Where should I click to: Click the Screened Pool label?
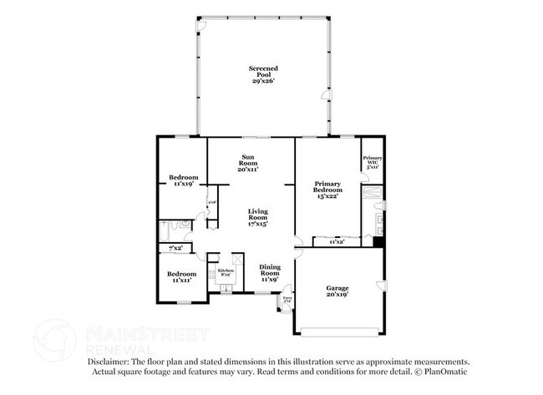point(262,74)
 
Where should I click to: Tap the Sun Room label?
point(248,163)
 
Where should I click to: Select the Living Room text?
point(256,218)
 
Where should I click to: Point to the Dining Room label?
point(269,271)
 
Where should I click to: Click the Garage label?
point(337,291)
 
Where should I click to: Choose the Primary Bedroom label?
point(328,190)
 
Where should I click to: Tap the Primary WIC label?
point(372,162)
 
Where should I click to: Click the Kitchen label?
point(226,273)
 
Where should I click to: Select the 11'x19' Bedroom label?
point(183,180)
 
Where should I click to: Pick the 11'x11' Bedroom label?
point(181,277)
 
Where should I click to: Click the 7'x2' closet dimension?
point(176,249)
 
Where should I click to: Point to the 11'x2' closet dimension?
point(337,242)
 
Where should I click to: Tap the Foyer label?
point(287,297)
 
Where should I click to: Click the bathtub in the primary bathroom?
point(373,199)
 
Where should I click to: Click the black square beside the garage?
point(378,243)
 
